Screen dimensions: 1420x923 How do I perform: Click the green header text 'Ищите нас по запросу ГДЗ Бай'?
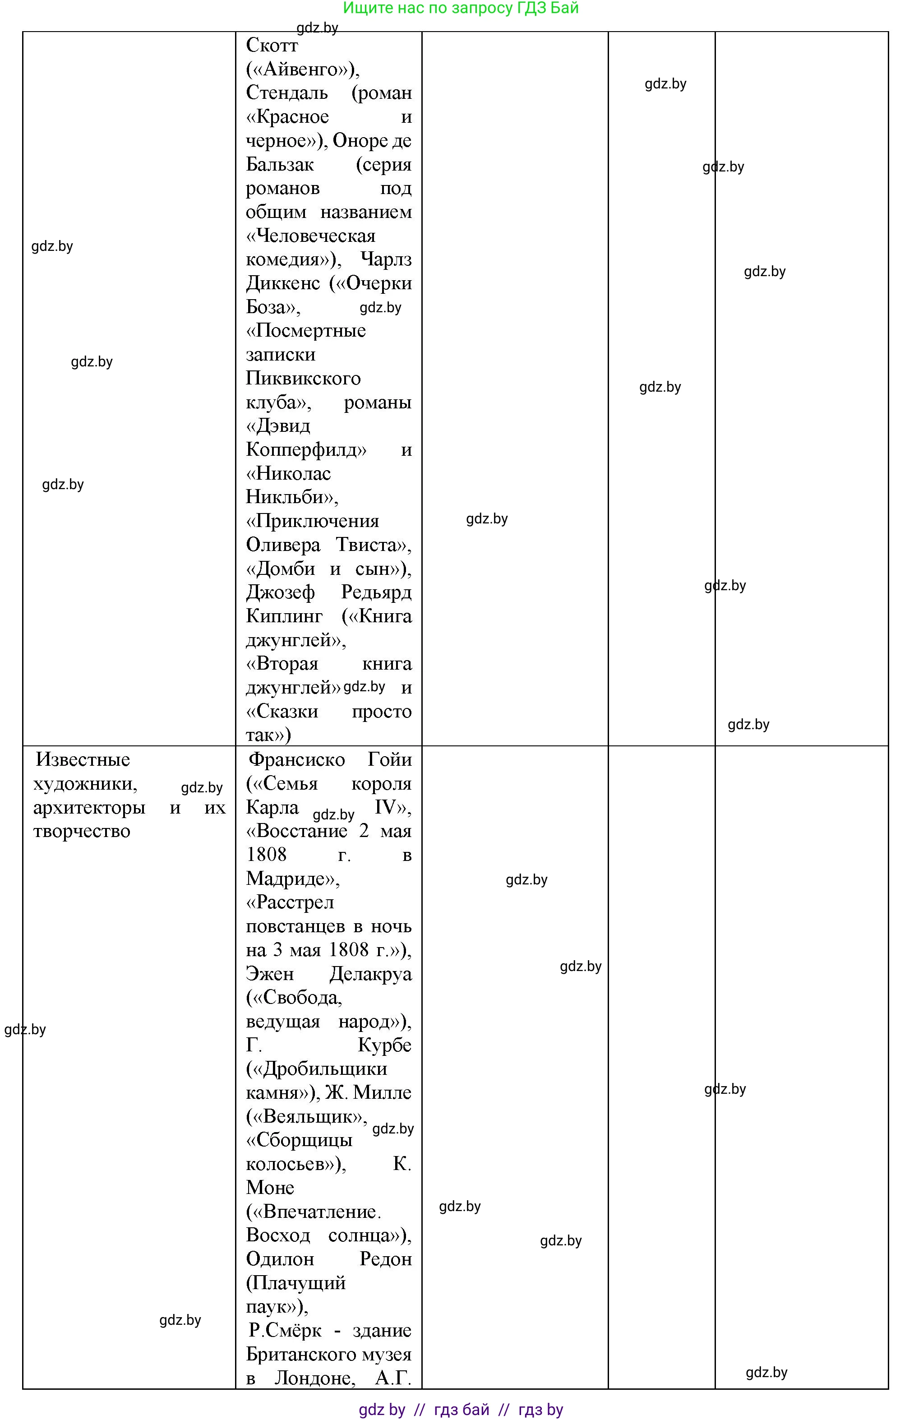tap(461, 9)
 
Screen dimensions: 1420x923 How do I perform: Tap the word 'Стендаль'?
tap(286, 93)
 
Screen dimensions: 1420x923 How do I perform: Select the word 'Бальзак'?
tap(279, 165)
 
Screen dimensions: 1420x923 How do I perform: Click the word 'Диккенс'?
tap(283, 283)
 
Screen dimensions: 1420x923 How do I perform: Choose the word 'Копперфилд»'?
tap(306, 450)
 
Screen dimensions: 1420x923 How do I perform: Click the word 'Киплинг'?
tap(284, 616)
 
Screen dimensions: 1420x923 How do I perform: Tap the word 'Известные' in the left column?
tap(83, 759)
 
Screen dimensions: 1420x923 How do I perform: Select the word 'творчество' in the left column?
tap(82, 831)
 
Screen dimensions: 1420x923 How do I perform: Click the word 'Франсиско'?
tap(296, 759)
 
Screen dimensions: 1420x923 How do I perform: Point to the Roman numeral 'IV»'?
tap(392, 807)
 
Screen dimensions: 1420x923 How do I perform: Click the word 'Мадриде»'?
tap(292, 879)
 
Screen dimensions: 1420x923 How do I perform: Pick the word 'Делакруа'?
tap(370, 974)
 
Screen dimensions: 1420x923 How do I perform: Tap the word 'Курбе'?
tap(385, 1045)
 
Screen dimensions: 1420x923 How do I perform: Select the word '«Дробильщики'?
tap(317, 1069)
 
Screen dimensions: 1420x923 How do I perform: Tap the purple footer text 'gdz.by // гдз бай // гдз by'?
tap(461, 1409)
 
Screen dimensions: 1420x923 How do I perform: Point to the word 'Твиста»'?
tap(374, 545)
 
